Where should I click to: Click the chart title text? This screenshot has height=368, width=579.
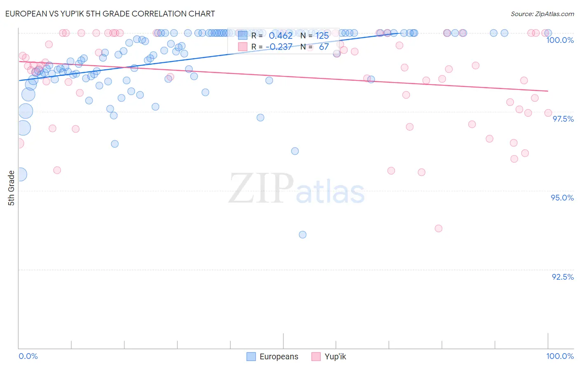[x=110, y=14]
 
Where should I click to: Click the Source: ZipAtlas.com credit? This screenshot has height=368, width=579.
[x=542, y=14]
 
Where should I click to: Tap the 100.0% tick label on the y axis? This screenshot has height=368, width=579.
[x=560, y=40]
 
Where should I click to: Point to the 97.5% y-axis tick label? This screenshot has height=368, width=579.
[x=563, y=119]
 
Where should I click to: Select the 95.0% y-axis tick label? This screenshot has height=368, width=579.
[x=562, y=198]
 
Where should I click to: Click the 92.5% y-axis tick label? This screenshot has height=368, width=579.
[x=563, y=277]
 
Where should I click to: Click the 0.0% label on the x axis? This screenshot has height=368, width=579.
[x=28, y=356]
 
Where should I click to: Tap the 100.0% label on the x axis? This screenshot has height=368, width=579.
[x=560, y=356]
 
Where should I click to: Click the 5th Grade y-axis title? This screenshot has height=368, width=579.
[x=12, y=188]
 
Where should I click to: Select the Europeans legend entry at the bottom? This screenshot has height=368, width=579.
[x=273, y=356]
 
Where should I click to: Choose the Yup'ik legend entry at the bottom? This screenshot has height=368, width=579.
[x=329, y=356]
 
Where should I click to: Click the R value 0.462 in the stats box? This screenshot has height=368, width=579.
[x=280, y=36]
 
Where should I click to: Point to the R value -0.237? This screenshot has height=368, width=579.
[x=279, y=47]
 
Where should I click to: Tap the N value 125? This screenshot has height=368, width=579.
[x=322, y=36]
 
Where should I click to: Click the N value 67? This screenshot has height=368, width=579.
[x=324, y=47]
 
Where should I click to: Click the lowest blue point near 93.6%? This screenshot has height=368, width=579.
[x=303, y=235]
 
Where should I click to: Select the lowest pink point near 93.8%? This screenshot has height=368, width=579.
[x=439, y=229]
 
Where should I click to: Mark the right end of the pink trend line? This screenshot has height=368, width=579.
[x=548, y=91]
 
